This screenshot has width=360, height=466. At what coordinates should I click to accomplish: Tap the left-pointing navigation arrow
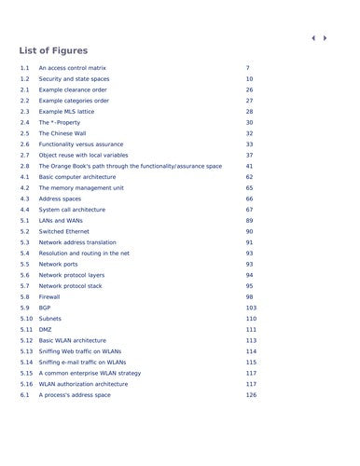pyautogui.click(x=312, y=38)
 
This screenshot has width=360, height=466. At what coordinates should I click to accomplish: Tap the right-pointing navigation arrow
pyautogui.click(x=325, y=38)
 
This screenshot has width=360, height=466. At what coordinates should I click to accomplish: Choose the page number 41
pyautogui.click(x=249, y=166)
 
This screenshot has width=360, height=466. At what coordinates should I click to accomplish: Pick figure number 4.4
pyautogui.click(x=24, y=210)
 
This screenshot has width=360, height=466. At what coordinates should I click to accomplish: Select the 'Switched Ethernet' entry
pyautogui.click(x=64, y=231)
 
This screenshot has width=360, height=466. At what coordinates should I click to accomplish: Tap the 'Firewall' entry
pyautogui.click(x=50, y=296)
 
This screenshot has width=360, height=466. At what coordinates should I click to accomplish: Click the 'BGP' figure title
pyautogui.click(x=45, y=308)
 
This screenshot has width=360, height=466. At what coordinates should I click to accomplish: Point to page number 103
pyautogui.click(x=251, y=308)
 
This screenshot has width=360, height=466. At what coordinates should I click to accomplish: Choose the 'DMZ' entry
pyautogui.click(x=46, y=329)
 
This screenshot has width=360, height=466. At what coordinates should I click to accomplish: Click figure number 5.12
pyautogui.click(x=26, y=340)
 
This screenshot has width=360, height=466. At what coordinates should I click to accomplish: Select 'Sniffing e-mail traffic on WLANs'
pyautogui.click(x=82, y=362)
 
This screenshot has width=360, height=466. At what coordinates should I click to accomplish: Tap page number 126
pyautogui.click(x=251, y=395)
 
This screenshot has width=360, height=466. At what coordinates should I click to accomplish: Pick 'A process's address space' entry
pyautogui.click(x=75, y=395)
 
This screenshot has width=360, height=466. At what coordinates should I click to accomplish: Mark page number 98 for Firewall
pyautogui.click(x=249, y=296)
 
